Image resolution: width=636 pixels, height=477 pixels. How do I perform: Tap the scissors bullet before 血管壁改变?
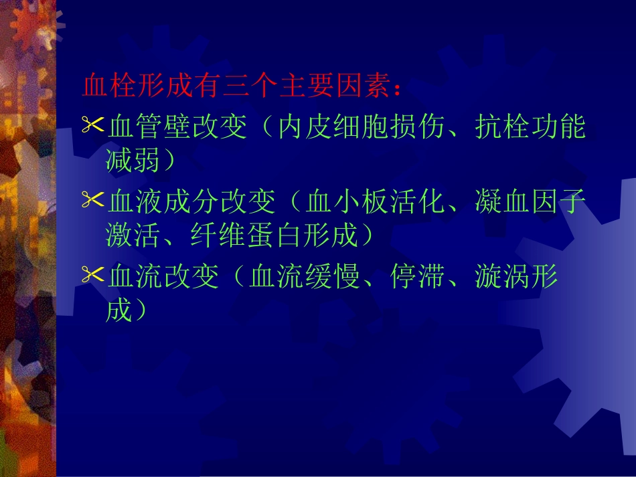coord(92,124)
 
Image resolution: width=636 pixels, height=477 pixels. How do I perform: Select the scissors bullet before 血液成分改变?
coord(92,199)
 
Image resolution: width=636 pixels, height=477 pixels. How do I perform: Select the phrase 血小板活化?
coord(376,200)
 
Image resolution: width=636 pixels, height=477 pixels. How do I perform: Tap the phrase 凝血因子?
coord(530,200)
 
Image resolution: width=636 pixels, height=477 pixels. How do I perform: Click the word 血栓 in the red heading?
coord(108,87)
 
